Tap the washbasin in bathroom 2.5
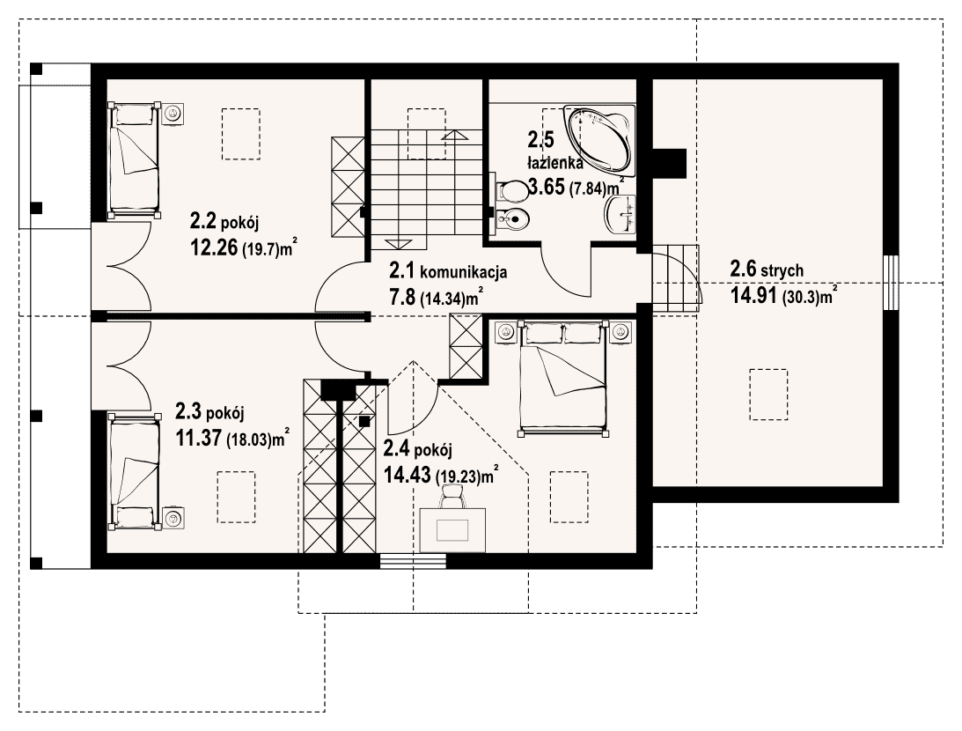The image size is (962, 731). tap(621, 216)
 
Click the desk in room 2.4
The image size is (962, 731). tap(452, 529)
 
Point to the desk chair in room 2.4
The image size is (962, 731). tap(452, 495)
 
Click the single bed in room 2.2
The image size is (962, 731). tap(134, 159)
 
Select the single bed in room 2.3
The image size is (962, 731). tap(134, 471)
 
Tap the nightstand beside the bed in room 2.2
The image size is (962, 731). tap(174, 113)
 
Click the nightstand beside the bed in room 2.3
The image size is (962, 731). tap(173, 519)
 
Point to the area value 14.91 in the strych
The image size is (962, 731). tap(754, 295)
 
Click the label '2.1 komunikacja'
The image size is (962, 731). tap(448, 270)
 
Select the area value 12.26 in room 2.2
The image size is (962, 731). tap(214, 247)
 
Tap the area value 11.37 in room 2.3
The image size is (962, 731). tap(199, 438)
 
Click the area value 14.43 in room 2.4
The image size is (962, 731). tap(407, 475)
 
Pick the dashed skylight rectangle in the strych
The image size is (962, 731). tap(768, 394)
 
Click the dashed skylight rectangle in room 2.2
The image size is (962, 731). tap(240, 135)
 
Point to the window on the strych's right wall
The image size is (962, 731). tap(892, 283)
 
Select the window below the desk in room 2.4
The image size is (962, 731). tap(413, 561)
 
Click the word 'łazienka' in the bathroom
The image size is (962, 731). tap(555, 163)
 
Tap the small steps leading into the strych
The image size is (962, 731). tap(675, 277)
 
